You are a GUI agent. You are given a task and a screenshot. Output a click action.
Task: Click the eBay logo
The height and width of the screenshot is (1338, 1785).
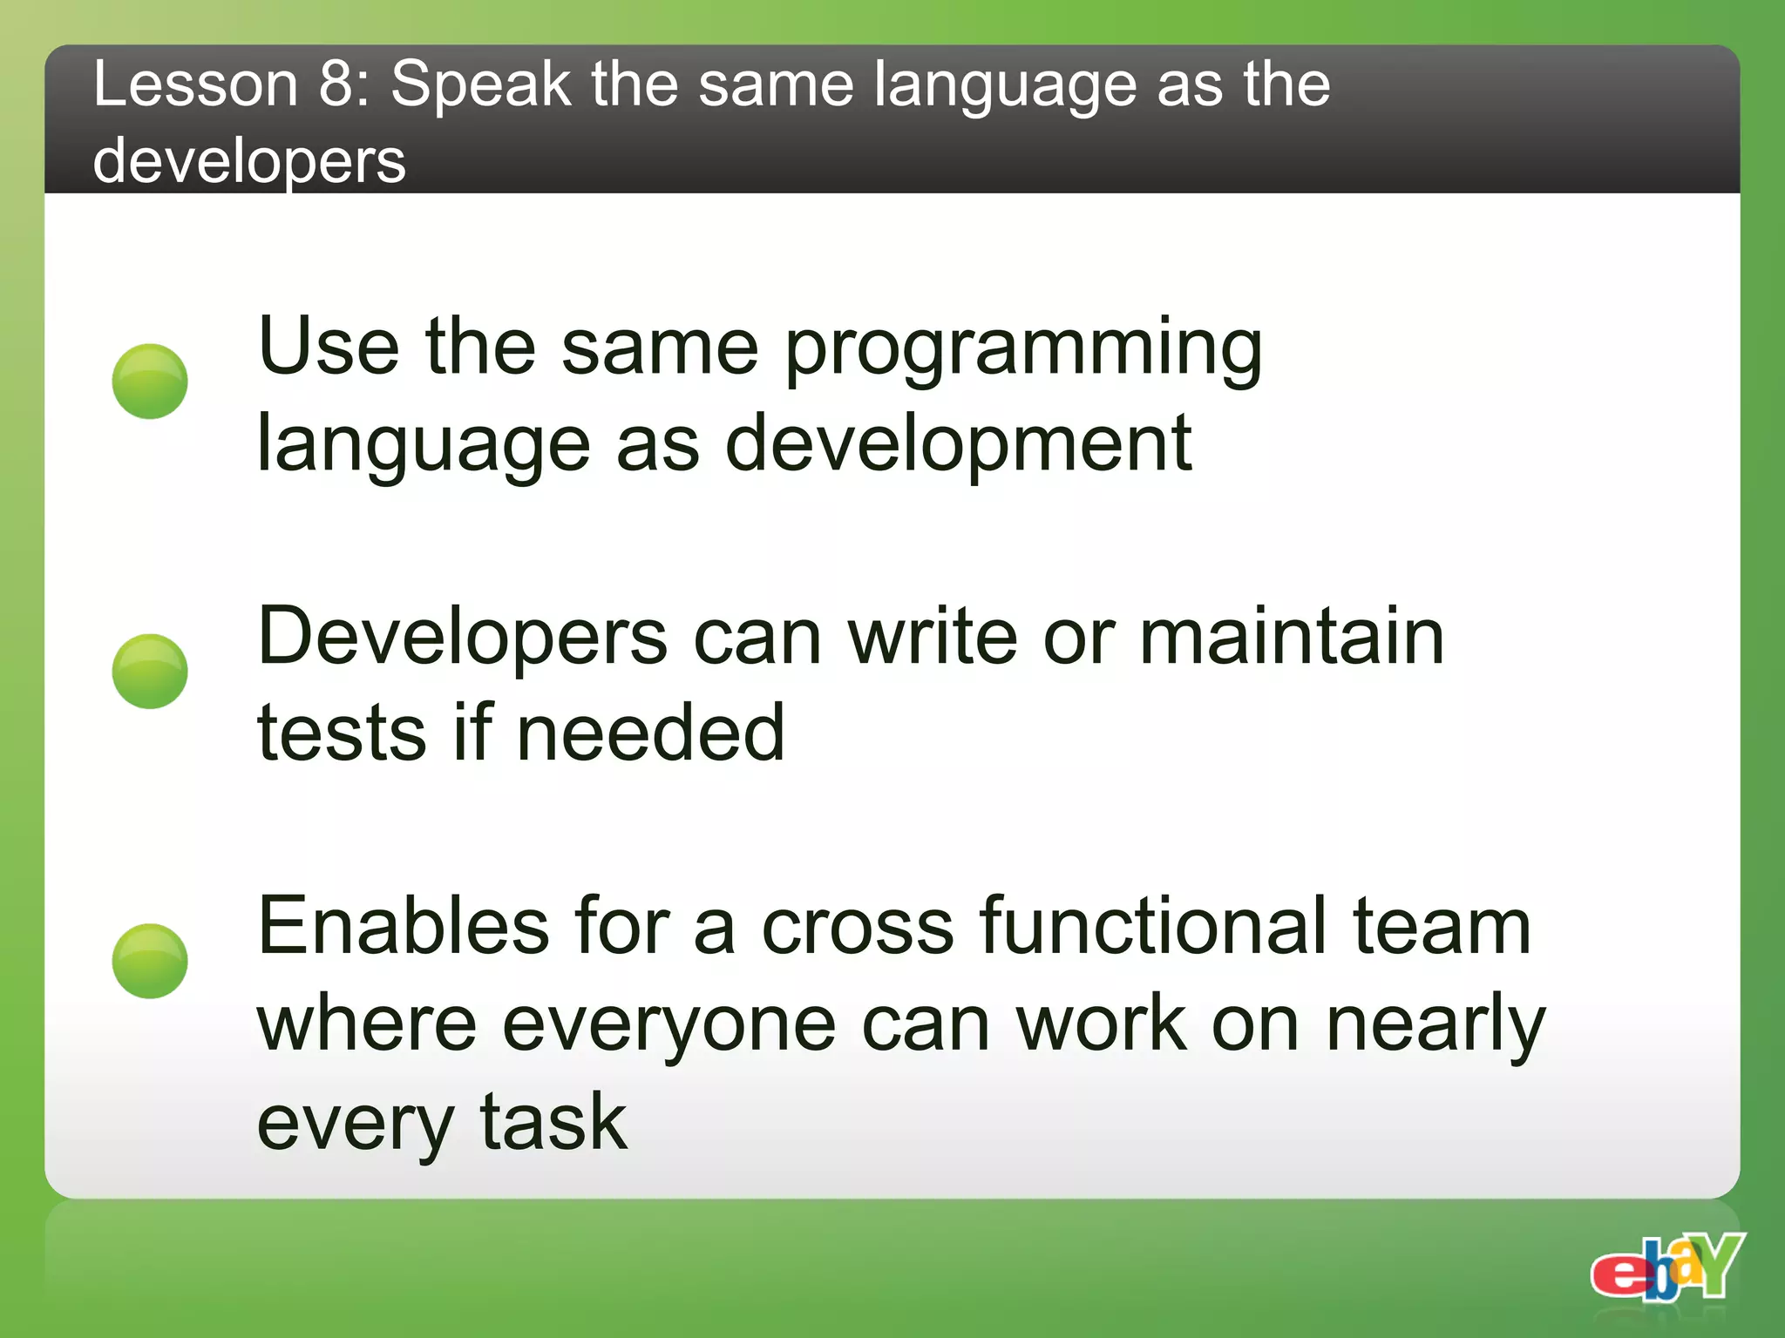point(1666,1267)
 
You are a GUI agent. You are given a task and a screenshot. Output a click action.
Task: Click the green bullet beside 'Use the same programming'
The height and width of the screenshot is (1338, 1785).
point(150,382)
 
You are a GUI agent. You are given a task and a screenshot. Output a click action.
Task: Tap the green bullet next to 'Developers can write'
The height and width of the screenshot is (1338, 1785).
point(150,671)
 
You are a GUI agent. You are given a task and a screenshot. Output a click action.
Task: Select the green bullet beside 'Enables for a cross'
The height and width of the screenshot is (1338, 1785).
point(150,961)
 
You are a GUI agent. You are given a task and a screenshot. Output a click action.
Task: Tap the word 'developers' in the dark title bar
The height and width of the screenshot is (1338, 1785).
point(249,162)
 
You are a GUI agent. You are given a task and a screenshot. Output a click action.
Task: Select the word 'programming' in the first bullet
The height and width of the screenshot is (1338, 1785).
point(1023,349)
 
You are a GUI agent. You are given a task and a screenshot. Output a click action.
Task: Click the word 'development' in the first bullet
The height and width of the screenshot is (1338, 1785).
point(958,444)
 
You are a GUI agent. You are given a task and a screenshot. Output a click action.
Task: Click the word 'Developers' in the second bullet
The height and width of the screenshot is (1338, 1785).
point(463,639)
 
